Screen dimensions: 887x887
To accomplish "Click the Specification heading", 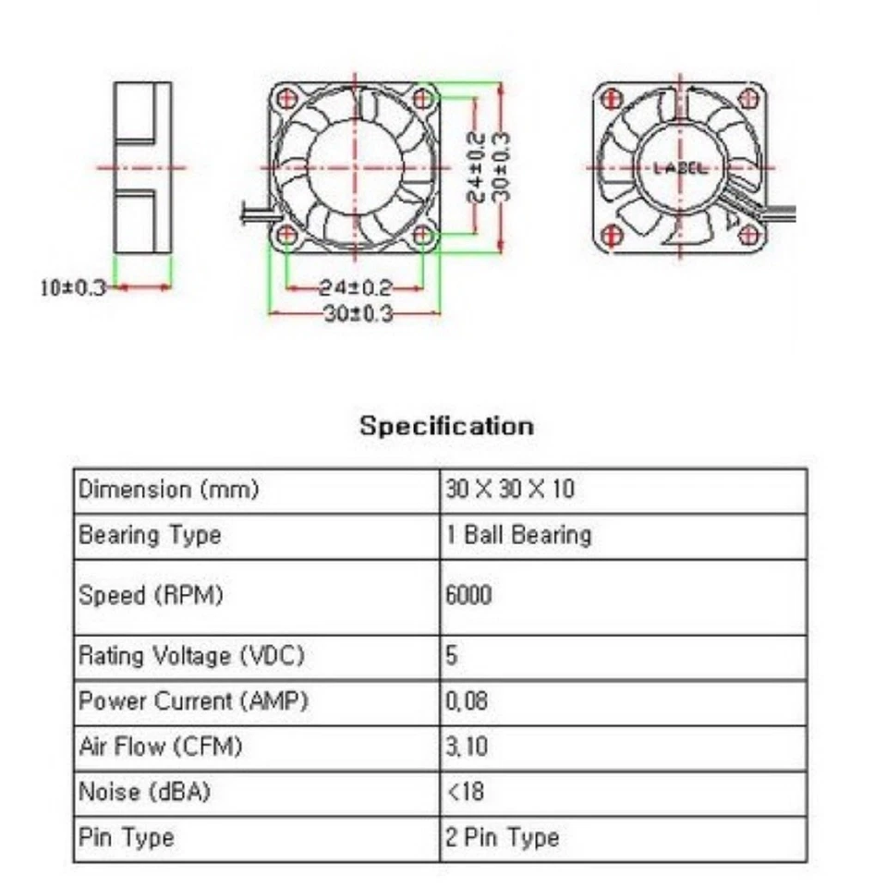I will tap(446, 426).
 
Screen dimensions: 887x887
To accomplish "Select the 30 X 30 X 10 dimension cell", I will tap(509, 489).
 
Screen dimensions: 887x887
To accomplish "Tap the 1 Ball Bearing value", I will tap(518, 535).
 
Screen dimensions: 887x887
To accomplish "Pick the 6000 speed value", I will tap(468, 596).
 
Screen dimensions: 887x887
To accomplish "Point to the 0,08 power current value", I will tap(468, 701).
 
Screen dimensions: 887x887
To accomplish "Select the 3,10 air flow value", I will tap(467, 747).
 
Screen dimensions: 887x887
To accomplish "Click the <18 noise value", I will tap(465, 792).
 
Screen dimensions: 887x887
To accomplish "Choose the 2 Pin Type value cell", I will tap(503, 838).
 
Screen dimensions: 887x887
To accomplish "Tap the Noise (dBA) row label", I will tap(136, 792).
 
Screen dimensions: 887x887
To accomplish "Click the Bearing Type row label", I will tap(150, 535).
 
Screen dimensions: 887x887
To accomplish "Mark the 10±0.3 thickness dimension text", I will tap(74, 287).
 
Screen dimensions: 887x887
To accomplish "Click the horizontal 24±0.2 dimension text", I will tap(356, 286).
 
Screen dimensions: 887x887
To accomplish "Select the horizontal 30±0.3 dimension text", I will tap(356, 314).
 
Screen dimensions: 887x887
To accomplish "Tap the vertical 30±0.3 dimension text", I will tap(504, 167).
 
